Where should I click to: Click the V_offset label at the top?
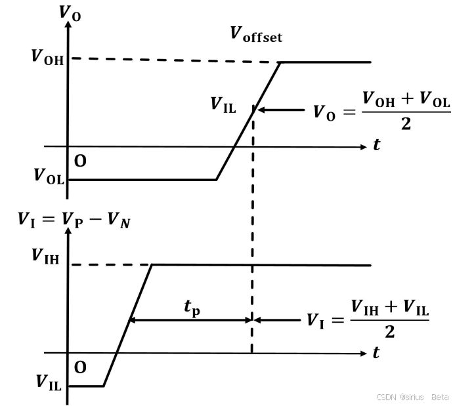(x=256, y=35)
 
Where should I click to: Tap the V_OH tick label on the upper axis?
(x=47, y=57)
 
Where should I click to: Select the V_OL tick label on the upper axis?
(x=48, y=176)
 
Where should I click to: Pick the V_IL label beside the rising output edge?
(x=223, y=104)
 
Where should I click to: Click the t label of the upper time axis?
(x=376, y=146)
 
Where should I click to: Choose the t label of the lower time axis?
(x=376, y=353)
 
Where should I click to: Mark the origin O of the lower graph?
(x=79, y=367)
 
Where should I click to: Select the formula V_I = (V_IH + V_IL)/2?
(x=368, y=319)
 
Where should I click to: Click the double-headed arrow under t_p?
(x=190, y=320)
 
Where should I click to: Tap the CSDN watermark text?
(x=412, y=397)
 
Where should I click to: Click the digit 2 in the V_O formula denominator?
(x=406, y=124)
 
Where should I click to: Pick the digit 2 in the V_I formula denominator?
(x=390, y=333)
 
